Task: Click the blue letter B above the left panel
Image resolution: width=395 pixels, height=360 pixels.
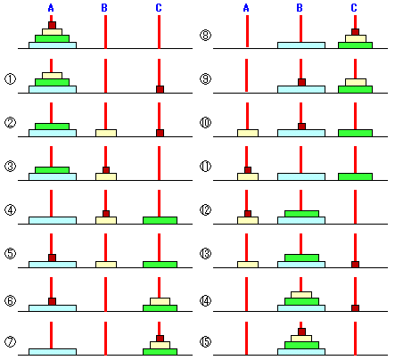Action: [x=104, y=8]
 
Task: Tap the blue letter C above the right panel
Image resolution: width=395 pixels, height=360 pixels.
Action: [x=354, y=8]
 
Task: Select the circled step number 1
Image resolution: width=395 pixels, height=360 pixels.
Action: [x=10, y=79]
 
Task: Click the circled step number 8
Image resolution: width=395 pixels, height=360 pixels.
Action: [x=205, y=36]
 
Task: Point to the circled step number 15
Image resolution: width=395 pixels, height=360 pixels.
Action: [x=205, y=342]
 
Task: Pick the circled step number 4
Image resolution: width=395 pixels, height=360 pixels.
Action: [x=10, y=210]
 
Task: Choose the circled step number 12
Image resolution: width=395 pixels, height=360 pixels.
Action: [x=205, y=210]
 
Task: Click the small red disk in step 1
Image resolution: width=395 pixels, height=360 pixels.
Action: [x=160, y=89]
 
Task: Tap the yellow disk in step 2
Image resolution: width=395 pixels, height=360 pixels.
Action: [x=106, y=133]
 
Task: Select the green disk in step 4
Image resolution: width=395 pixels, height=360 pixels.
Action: [x=160, y=220]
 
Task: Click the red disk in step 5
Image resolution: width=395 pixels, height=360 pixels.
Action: [x=52, y=258]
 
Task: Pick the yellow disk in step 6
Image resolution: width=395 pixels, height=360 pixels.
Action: [x=160, y=301]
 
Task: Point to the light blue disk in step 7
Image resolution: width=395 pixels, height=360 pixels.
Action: [x=53, y=352]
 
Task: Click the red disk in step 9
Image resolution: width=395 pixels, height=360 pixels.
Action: [x=301, y=82]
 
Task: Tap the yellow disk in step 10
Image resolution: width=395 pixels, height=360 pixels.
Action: [x=248, y=133]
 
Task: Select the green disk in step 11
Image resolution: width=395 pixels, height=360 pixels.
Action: [x=355, y=176]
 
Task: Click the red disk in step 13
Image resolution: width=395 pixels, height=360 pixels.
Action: [x=355, y=264]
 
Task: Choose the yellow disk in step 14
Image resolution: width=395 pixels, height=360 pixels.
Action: [x=301, y=295]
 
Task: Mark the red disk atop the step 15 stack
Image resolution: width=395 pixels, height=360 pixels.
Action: [x=301, y=331]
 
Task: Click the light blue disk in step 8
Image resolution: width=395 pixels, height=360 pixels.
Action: [x=301, y=45]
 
